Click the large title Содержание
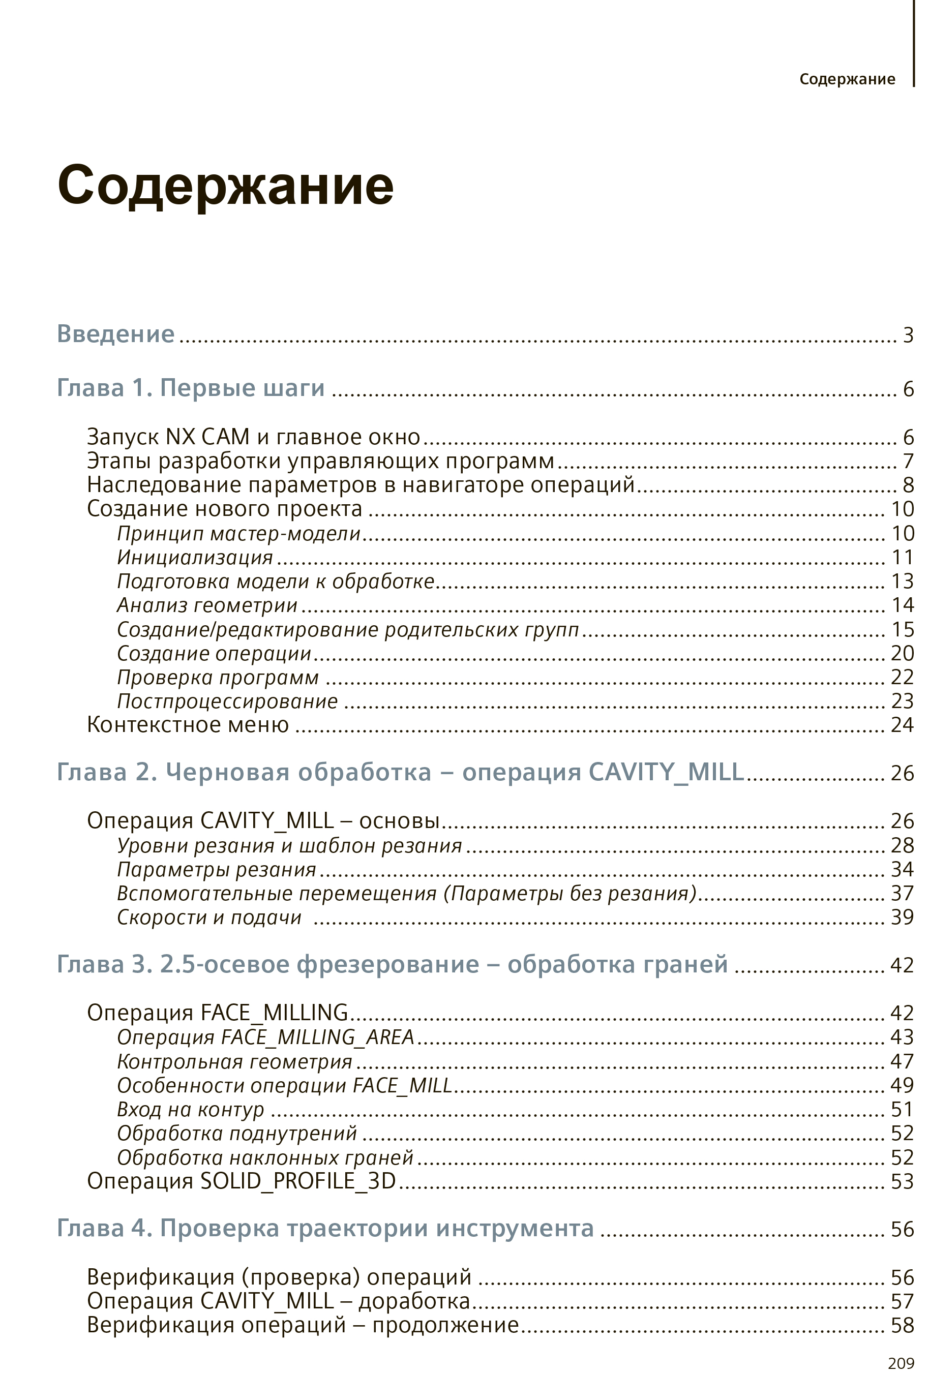[x=225, y=186]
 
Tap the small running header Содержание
[x=847, y=79]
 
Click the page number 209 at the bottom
[x=901, y=1363]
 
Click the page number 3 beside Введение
[x=908, y=335]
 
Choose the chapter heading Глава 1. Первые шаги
[x=191, y=388]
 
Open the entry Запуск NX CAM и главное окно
[x=253, y=437]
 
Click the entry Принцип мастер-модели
[x=238, y=533]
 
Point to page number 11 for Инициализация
[x=903, y=557]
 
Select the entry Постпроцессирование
[x=227, y=701]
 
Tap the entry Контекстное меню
[x=188, y=725]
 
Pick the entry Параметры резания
[x=217, y=869]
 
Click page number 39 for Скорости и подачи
[x=903, y=917]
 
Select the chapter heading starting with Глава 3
[x=392, y=964]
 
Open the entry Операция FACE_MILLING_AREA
[x=265, y=1037]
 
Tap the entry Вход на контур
[x=191, y=1109]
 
